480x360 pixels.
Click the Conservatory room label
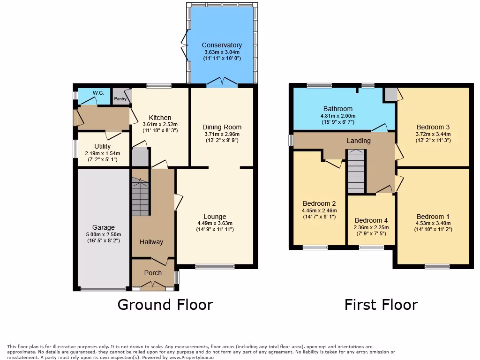click(222, 45)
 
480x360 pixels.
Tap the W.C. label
click(98, 93)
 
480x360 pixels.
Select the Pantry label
click(120, 98)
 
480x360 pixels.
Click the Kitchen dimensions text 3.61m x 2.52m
click(160, 125)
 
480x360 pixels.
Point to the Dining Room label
click(222, 127)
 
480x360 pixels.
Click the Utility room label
click(102, 146)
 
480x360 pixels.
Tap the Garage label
click(103, 227)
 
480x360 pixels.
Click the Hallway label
click(151, 242)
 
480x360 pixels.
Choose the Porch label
click(153, 273)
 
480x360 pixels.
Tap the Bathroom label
click(337, 109)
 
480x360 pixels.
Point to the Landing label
click(359, 141)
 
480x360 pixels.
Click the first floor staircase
click(357, 172)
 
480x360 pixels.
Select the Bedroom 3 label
click(433, 127)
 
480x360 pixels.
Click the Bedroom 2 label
click(319, 203)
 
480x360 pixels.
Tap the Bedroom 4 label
click(371, 220)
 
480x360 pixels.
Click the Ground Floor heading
click(165, 305)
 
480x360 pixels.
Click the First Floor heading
click(381, 305)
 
